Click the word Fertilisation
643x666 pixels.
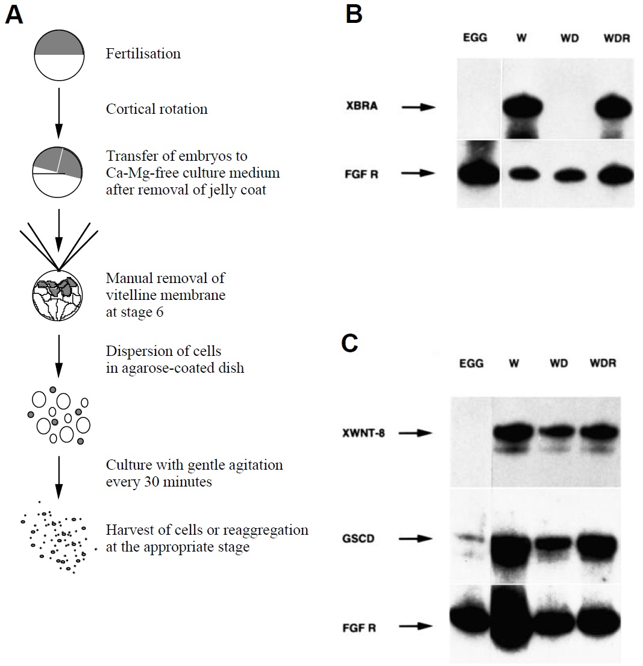[143, 54]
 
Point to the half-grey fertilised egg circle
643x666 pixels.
[58, 55]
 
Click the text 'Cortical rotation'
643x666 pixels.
[157, 109]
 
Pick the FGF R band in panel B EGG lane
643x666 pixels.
[478, 174]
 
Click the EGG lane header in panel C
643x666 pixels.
[471, 364]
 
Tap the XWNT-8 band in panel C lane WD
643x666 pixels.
[560, 433]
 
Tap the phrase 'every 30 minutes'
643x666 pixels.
[159, 482]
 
